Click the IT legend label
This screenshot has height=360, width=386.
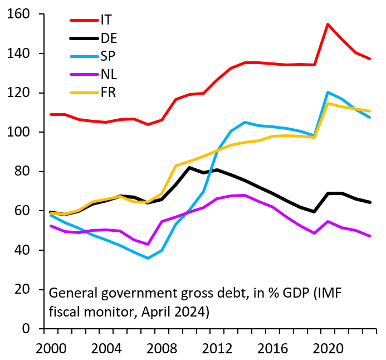click(106, 20)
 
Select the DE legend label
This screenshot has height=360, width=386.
click(109, 38)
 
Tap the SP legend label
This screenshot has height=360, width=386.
click(108, 56)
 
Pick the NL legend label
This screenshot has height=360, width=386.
click(109, 74)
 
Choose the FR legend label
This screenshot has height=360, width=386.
click(108, 93)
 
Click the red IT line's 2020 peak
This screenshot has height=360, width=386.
click(328, 24)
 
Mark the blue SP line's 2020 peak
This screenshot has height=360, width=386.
click(328, 92)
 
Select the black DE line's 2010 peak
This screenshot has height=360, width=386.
click(189, 167)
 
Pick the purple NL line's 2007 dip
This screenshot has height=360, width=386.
click(148, 244)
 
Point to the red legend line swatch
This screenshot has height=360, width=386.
click(84, 20)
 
